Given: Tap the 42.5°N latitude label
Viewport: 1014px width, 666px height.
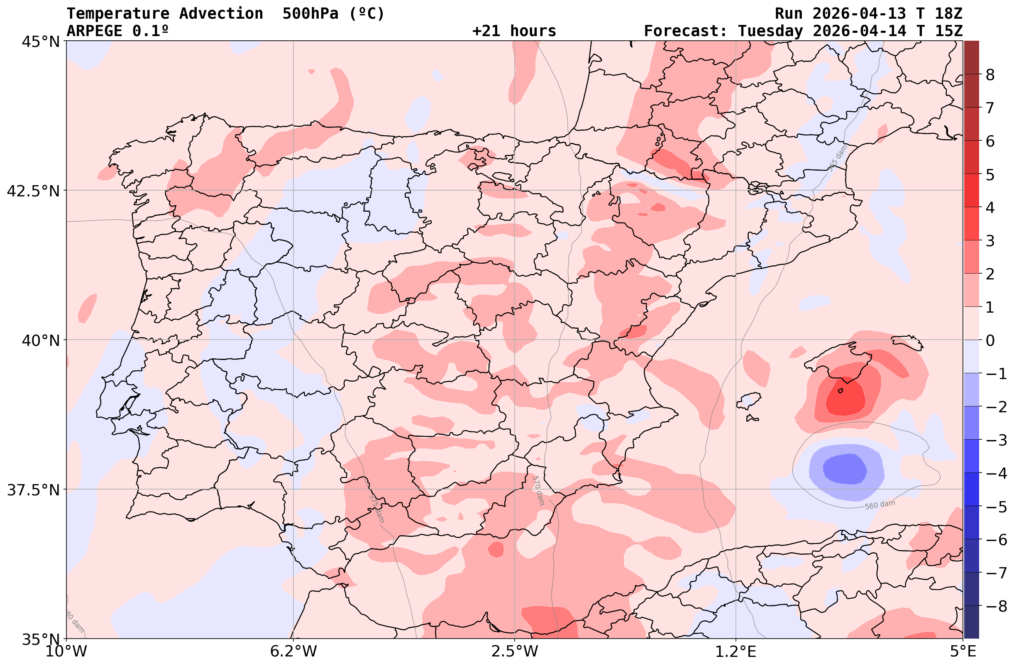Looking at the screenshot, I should (33, 191).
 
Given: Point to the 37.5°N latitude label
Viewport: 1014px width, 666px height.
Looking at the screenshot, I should (33, 490).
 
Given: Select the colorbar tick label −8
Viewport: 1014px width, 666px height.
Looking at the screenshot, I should (996, 605).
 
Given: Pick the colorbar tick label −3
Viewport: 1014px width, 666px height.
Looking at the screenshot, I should (996, 440).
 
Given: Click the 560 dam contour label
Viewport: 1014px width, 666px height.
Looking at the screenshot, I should (880, 504).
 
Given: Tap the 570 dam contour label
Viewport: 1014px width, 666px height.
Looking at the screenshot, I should (538, 490).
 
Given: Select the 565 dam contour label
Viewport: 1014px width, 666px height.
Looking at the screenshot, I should (837, 158).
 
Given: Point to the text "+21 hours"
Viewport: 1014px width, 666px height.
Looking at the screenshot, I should (514, 31).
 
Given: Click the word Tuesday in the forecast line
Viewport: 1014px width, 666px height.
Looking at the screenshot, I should (770, 31).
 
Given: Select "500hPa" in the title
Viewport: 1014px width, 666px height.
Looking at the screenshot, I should (310, 14).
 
